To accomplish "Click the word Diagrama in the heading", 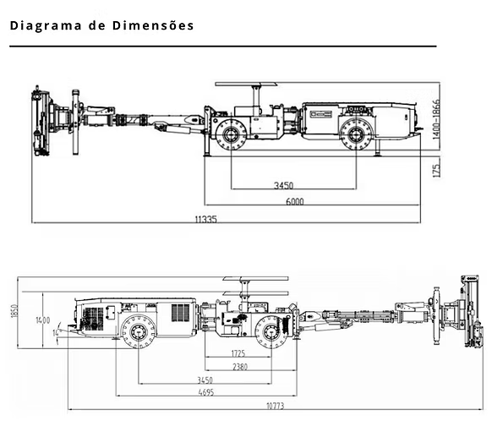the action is tap(46, 25).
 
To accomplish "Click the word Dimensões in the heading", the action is tap(153, 25).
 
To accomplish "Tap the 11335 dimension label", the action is tap(206, 219).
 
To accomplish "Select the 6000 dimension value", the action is tap(294, 202).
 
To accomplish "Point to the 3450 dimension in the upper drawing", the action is tap(283, 185).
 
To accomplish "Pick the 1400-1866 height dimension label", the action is tap(436, 119).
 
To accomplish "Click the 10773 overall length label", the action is tap(276, 406).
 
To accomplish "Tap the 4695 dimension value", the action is tap(206, 392).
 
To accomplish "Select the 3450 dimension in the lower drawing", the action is tap(205, 380).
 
